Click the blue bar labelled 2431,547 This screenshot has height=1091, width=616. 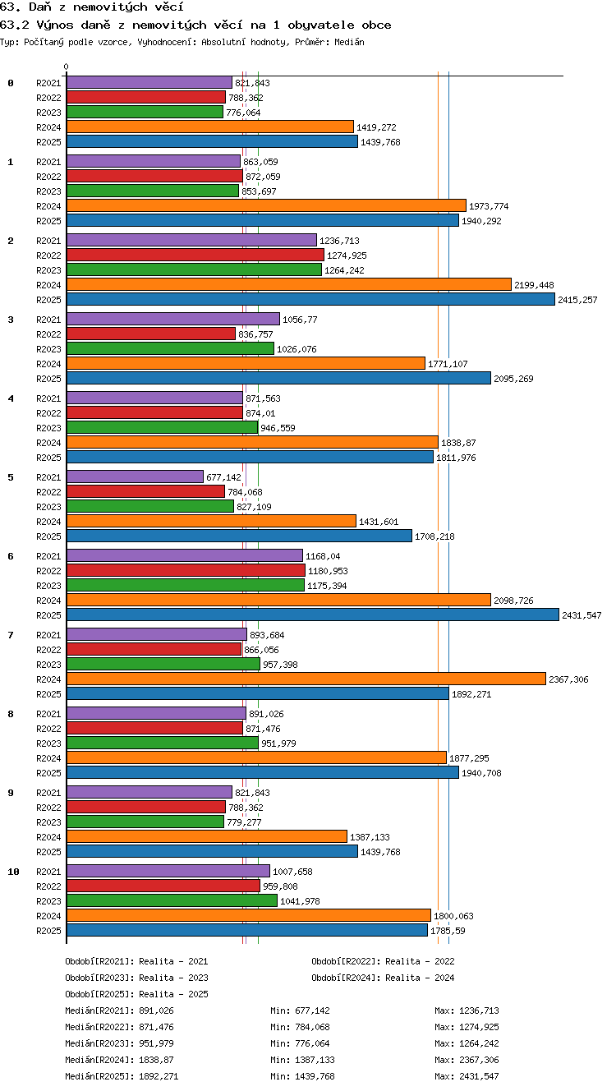[313, 615]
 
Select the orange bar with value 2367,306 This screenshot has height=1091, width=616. [306, 679]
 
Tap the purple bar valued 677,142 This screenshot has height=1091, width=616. [135, 476]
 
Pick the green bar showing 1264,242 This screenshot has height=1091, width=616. [195, 269]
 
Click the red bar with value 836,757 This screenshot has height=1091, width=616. [151, 334]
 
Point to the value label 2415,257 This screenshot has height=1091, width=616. [577, 300]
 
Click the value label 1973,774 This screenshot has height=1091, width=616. [489, 206]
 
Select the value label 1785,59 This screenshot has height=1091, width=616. [448, 931]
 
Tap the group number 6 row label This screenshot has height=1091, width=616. [11, 556]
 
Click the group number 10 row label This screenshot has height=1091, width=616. [13, 872]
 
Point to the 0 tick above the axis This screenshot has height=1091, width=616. [67, 67]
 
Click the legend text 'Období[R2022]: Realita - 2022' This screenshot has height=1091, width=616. [383, 961]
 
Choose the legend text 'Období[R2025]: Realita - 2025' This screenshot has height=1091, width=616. [136, 994]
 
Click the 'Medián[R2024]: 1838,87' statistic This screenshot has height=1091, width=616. [119, 1060]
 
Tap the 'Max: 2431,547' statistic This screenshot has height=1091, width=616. [467, 1076]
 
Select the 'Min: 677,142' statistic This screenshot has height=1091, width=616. [300, 1010]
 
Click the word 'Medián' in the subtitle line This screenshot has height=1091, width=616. [349, 42]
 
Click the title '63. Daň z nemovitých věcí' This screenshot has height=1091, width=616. [91, 7]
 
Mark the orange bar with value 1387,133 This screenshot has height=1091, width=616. [207, 836]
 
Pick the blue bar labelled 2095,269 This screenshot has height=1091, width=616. [278, 378]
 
